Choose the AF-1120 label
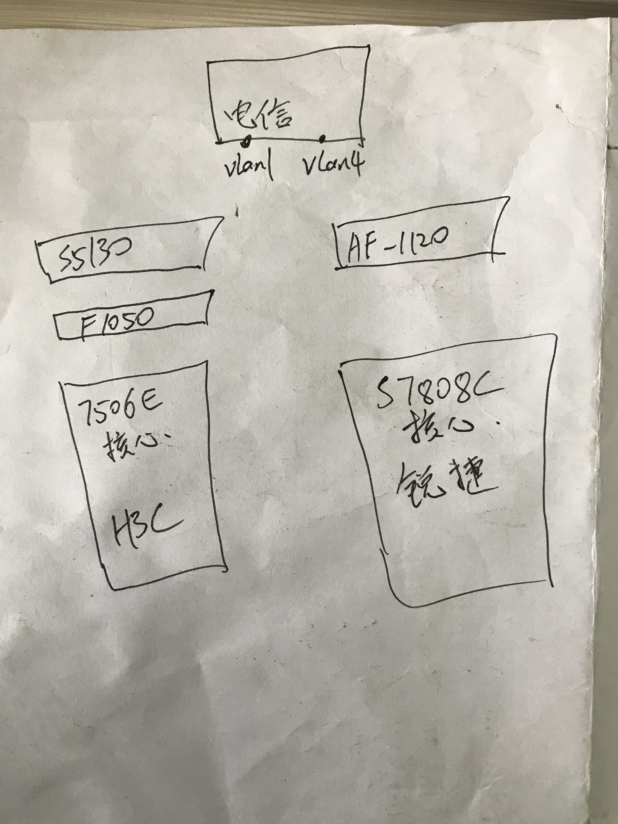396,242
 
